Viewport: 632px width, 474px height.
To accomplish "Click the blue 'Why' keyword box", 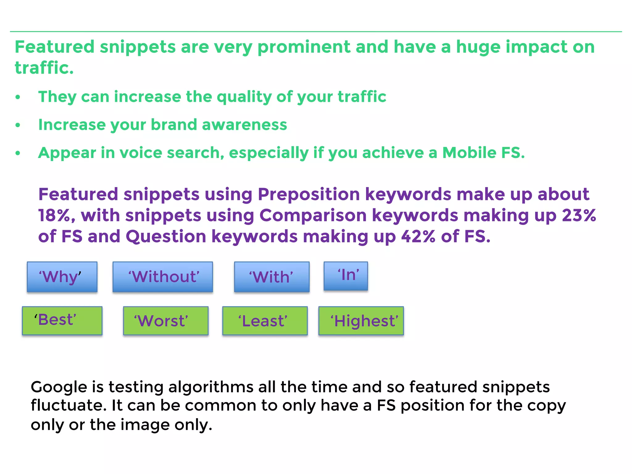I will click(62, 277).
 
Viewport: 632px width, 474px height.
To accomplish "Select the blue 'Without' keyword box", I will click(163, 277).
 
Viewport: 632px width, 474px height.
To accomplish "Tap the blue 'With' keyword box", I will click(272, 277).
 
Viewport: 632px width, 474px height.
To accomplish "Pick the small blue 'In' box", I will click(346, 276).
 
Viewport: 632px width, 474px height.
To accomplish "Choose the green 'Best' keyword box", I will click(62, 321).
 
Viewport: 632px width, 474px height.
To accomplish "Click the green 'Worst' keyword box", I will click(166, 321).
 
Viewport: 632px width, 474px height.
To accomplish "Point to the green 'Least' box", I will click(265, 321).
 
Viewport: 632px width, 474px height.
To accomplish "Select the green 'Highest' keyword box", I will click(361, 321).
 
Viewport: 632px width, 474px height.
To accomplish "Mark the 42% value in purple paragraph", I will click(418, 237).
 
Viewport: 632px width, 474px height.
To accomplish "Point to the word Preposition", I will click(309, 195).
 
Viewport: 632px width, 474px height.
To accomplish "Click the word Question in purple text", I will click(166, 237).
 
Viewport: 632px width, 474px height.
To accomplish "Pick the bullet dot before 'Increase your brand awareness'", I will click(18, 125).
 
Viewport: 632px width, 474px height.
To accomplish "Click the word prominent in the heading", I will click(304, 47).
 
